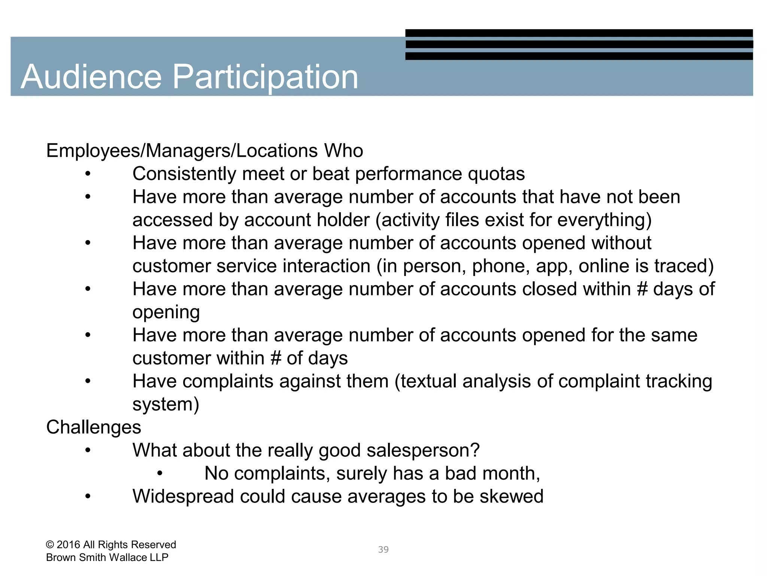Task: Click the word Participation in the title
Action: pyautogui.click(x=265, y=77)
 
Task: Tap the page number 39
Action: pyautogui.click(x=383, y=549)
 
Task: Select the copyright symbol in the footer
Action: pyautogui.click(x=50, y=545)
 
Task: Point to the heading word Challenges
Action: pyautogui.click(x=94, y=427)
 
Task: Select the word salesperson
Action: pyautogui.click(x=423, y=450)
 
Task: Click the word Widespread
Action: pyautogui.click(x=183, y=496)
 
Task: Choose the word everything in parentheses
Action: pyautogui.click(x=604, y=220)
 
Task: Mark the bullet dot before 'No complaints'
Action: pyautogui.click(x=160, y=474)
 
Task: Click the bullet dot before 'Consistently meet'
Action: pyautogui.click(x=88, y=174)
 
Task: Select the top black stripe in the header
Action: pyautogui.click(x=579, y=33)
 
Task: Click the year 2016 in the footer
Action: pyautogui.click(x=69, y=545)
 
